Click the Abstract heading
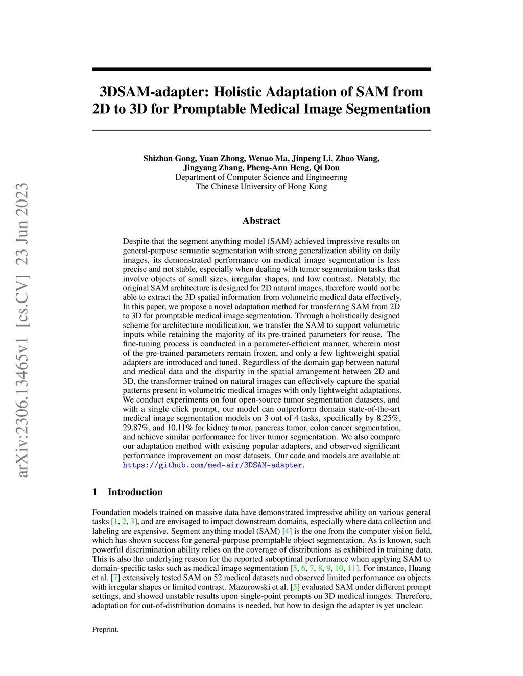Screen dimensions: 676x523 [x=261, y=221]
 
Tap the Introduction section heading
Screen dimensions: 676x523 [x=135, y=492]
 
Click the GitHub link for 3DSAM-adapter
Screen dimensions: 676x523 [x=212, y=465]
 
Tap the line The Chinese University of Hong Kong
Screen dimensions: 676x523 [x=261, y=186]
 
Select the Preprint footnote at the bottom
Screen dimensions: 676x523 [x=105, y=630]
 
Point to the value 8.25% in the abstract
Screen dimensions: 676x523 [x=389, y=418]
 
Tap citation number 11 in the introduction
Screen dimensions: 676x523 [x=351, y=568]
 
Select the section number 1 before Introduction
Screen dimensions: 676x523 [x=94, y=492]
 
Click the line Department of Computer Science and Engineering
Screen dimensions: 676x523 [x=261, y=177]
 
